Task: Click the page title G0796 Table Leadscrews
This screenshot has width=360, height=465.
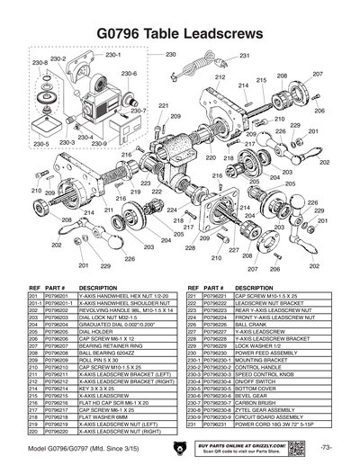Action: point(180,33)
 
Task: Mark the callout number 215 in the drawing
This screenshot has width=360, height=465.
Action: point(260,79)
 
